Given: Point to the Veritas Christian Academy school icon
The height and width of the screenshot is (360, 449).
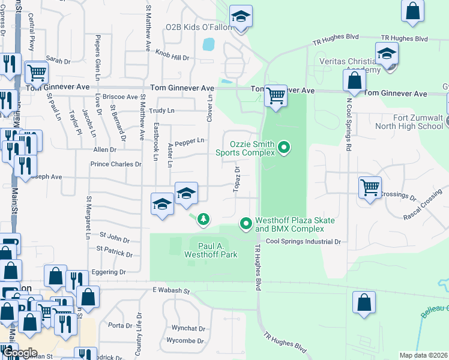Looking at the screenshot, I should [387, 53].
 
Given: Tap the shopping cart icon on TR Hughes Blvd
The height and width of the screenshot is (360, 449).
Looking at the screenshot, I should [276, 94].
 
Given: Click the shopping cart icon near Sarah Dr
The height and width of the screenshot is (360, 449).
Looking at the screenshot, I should [37, 73].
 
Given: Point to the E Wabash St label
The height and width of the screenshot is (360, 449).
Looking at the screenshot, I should [170, 291].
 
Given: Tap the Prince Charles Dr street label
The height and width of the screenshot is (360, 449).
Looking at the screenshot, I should [115, 164].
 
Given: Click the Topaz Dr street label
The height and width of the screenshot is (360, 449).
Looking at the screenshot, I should [237, 179].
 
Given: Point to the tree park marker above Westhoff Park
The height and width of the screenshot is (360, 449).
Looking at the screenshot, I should [204, 219].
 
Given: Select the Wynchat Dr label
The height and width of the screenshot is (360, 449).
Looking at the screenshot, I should [188, 329].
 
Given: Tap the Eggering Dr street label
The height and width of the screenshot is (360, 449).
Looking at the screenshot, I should [110, 272].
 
